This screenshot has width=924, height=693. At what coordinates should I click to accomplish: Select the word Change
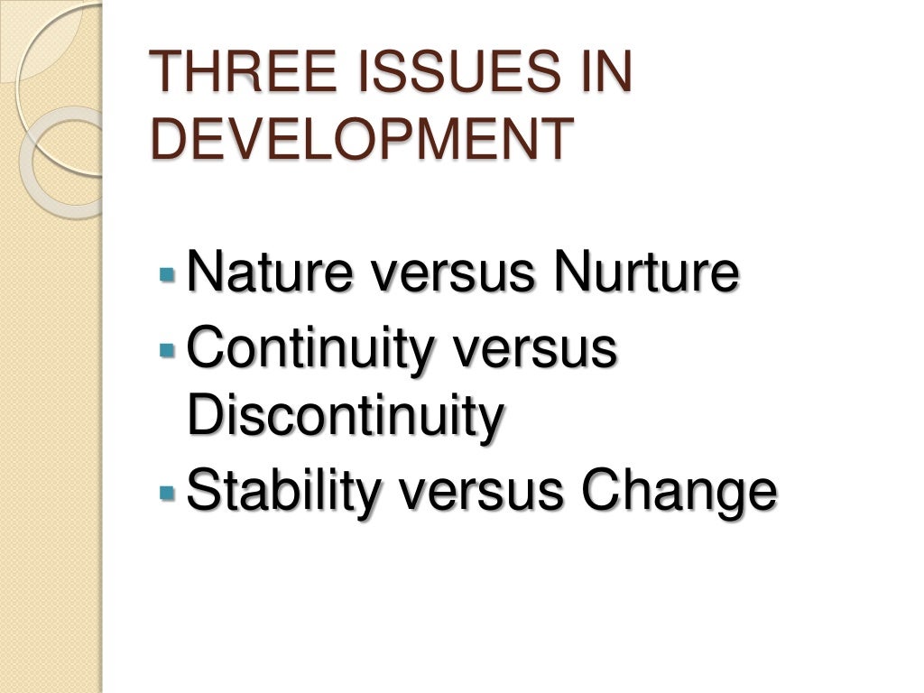coord(678,489)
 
